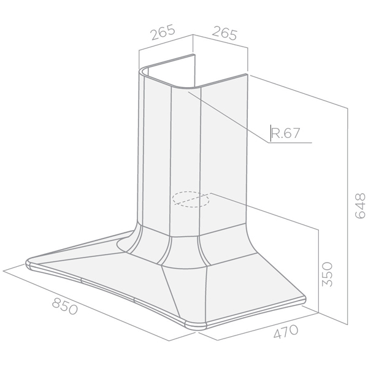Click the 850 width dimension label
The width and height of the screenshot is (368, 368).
click(x=65, y=306)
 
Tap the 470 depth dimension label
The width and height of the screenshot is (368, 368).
click(x=286, y=331)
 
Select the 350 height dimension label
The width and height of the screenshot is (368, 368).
click(x=327, y=274)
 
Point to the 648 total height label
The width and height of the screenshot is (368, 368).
click(x=360, y=206)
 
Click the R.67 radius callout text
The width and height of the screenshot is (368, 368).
click(x=285, y=133)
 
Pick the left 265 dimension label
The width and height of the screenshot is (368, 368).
click(x=163, y=32)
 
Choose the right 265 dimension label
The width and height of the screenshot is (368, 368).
click(x=224, y=34)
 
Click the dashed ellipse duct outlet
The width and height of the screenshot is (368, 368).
click(x=190, y=199)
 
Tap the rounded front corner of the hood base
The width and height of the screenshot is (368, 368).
click(x=196, y=326)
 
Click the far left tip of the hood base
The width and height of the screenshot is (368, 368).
click(x=26, y=262)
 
